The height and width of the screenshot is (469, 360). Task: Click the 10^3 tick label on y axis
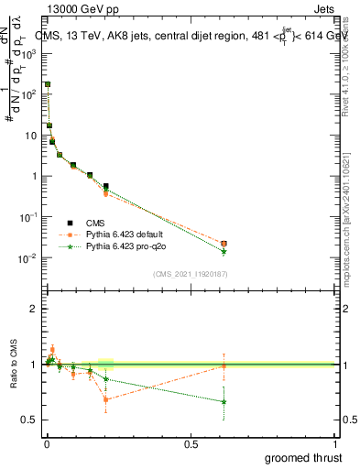pyautogui.click(x=27, y=53)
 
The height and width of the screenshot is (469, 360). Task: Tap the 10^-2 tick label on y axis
pyautogui.click(x=27, y=258)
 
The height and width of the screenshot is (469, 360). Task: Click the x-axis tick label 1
pyautogui.click(x=334, y=444)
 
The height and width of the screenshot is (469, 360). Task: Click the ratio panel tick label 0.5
pyautogui.click(x=29, y=420)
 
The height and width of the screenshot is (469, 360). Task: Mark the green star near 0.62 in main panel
pyautogui.click(x=224, y=251)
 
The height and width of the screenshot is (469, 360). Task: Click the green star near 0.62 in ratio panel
pyautogui.click(x=224, y=401)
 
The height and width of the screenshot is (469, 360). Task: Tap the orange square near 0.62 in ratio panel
pyautogui.click(x=224, y=365)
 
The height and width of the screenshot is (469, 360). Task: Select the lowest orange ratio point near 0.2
pyautogui.click(x=106, y=399)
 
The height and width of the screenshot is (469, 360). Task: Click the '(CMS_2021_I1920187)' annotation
pyautogui.click(x=190, y=274)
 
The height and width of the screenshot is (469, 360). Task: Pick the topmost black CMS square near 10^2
pyautogui.click(x=47, y=84)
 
